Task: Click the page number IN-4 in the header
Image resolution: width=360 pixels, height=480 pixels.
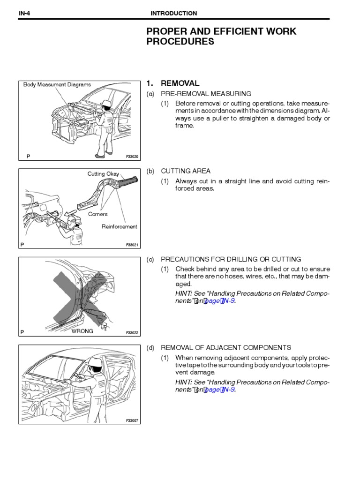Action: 25,13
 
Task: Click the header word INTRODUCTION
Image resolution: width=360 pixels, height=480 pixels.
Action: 173,13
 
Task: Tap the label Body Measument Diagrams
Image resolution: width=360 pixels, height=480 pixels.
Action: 57,85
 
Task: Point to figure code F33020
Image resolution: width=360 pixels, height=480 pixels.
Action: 133,157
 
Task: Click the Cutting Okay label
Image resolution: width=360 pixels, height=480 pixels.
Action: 103,174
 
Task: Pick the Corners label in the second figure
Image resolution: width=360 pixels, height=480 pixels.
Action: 98,214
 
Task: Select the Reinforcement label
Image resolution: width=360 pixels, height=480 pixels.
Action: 120,226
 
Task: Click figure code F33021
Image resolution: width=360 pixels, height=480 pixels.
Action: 133,245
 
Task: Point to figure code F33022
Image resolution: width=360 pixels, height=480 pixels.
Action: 133,333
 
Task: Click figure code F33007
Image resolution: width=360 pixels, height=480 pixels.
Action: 133,421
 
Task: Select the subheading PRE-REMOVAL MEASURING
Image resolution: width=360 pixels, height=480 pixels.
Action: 206,94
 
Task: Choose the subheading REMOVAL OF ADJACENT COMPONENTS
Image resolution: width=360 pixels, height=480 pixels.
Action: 226,347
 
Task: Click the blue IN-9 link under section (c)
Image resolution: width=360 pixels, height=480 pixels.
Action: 226,301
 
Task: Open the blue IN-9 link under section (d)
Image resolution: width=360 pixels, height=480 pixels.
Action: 226,390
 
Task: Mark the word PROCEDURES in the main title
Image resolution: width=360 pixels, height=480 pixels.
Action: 180,42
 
